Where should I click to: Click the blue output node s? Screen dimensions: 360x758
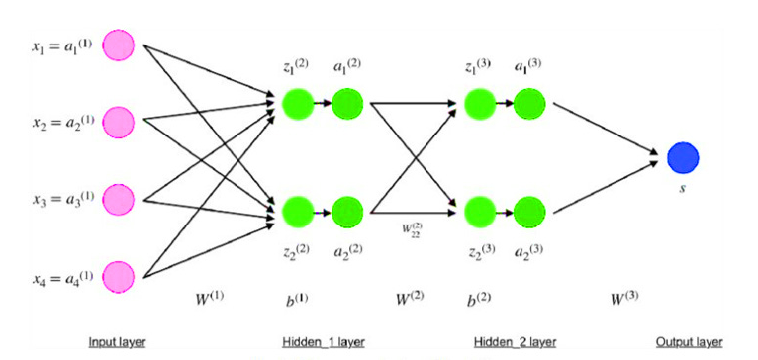682,157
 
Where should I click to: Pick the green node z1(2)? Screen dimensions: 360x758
296,103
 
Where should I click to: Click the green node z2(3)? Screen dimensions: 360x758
480,212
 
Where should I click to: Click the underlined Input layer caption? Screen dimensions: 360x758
118,341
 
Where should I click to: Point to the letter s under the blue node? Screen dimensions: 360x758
682,188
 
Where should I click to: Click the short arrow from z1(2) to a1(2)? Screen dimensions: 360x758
322,103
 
